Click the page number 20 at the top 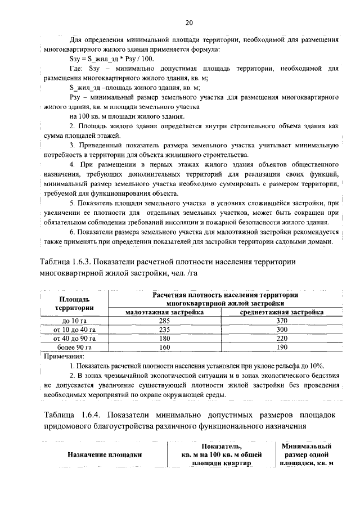[189, 22]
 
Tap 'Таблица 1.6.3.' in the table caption [69, 262]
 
